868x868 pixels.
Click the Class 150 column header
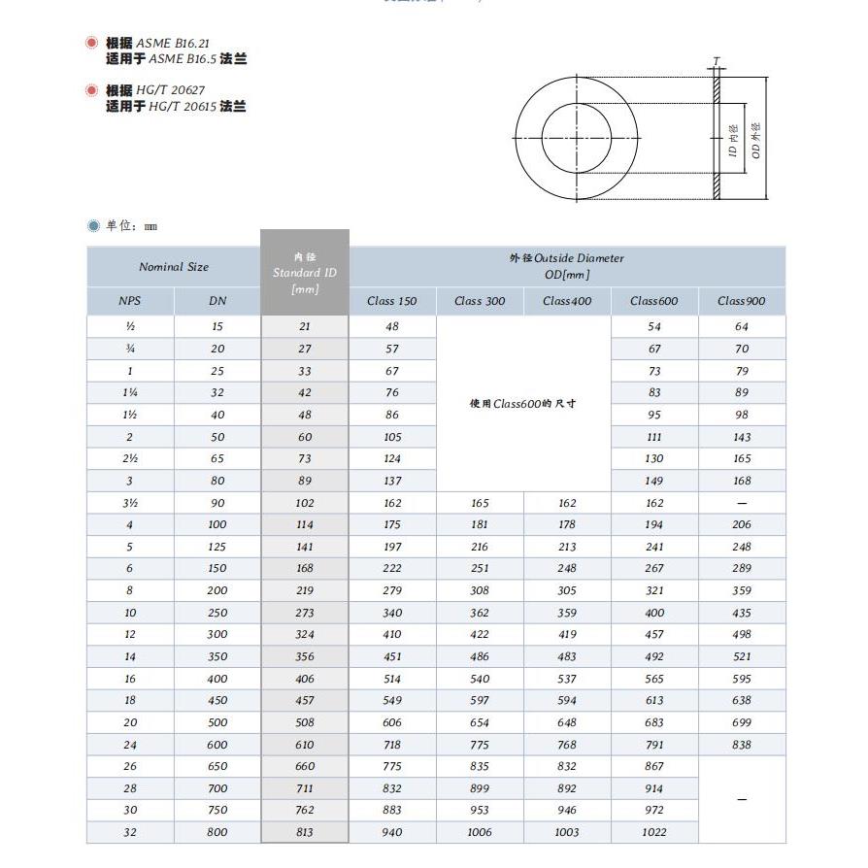(392, 301)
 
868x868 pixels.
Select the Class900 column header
(742, 301)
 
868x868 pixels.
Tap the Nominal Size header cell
(174, 267)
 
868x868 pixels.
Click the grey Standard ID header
(305, 273)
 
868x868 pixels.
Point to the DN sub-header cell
(217, 301)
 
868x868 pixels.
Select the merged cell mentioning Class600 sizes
(523, 404)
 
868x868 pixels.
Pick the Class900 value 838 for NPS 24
(742, 745)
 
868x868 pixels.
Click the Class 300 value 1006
(480, 832)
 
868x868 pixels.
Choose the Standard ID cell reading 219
(305, 590)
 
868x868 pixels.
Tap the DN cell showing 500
(217, 722)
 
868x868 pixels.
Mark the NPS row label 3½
(130, 503)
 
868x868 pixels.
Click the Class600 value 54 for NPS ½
(654, 327)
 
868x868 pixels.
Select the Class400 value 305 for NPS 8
(567, 590)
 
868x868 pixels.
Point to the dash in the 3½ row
(742, 503)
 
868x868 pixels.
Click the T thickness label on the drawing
(717, 62)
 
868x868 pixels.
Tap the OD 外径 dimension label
(756, 141)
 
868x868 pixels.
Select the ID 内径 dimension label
(734, 141)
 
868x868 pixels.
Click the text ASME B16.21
(172, 44)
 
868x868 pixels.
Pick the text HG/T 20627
(170, 90)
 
